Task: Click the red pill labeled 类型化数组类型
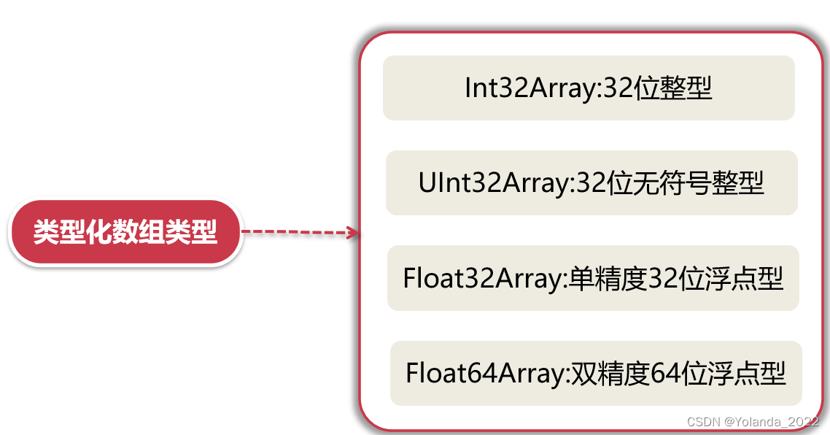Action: click(x=125, y=233)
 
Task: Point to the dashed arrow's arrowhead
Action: click(x=354, y=233)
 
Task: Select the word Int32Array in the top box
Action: click(x=530, y=88)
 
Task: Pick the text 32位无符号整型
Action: click(x=670, y=183)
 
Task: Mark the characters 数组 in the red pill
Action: click(x=148, y=233)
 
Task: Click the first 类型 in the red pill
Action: click(x=56, y=233)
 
